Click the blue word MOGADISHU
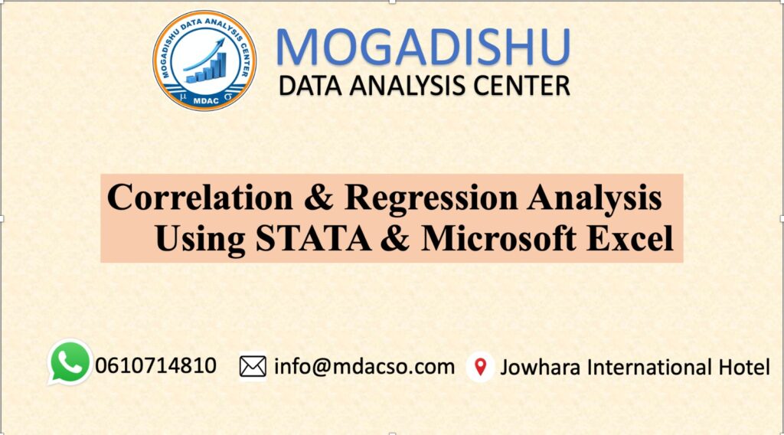click(x=423, y=47)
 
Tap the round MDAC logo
click(x=204, y=61)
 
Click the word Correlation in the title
click(x=200, y=197)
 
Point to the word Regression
click(x=431, y=198)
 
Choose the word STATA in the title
click(x=313, y=238)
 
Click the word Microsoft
click(x=498, y=238)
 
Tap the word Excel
click(x=630, y=238)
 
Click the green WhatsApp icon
click(x=70, y=362)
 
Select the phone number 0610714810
click(x=155, y=365)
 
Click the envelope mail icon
click(x=253, y=367)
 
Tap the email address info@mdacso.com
click(x=364, y=367)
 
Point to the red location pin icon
click(x=481, y=367)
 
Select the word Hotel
click(x=744, y=367)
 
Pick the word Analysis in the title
click(x=594, y=198)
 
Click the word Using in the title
click(x=200, y=240)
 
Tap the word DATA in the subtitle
click(x=310, y=86)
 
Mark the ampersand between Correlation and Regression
click(x=318, y=197)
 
